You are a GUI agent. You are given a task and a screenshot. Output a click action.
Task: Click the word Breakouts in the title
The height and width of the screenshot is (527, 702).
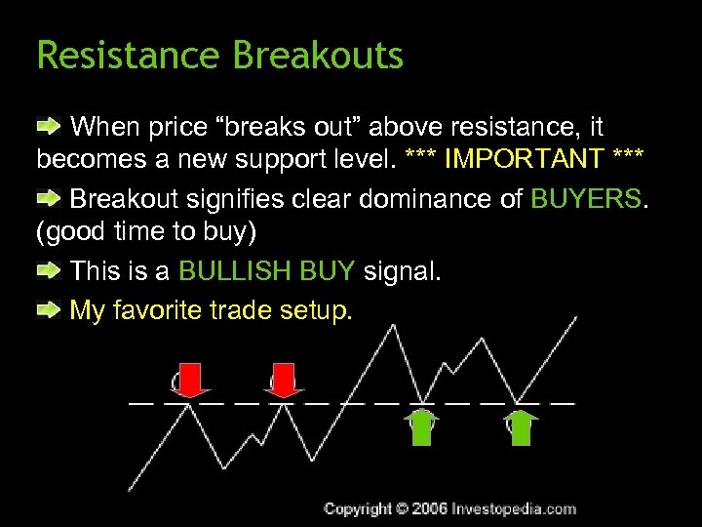point(318,56)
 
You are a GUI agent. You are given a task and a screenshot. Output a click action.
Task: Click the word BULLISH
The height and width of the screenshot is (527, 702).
point(230,270)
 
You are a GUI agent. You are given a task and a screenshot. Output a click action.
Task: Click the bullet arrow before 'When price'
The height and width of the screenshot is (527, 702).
point(49,127)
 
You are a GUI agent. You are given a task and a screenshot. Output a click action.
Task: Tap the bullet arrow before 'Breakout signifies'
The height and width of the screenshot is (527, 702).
point(49,199)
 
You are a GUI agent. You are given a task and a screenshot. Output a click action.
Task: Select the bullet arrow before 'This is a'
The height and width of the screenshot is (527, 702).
point(49,270)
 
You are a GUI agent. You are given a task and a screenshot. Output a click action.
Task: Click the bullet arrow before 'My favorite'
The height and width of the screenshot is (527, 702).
point(49,310)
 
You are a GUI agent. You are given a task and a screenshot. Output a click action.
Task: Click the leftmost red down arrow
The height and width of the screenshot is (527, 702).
point(191,379)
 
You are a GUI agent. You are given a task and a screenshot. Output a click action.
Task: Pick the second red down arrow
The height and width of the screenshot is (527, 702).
point(283,379)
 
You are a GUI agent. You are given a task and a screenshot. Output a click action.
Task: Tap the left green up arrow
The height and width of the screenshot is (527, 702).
point(422,427)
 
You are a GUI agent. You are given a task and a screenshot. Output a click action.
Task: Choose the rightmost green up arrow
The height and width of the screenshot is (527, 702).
point(523,427)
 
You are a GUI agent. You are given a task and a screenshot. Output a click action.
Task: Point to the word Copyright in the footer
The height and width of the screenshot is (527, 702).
point(358,508)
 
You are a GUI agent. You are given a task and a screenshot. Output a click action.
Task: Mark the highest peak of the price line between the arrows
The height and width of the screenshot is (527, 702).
point(394,326)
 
